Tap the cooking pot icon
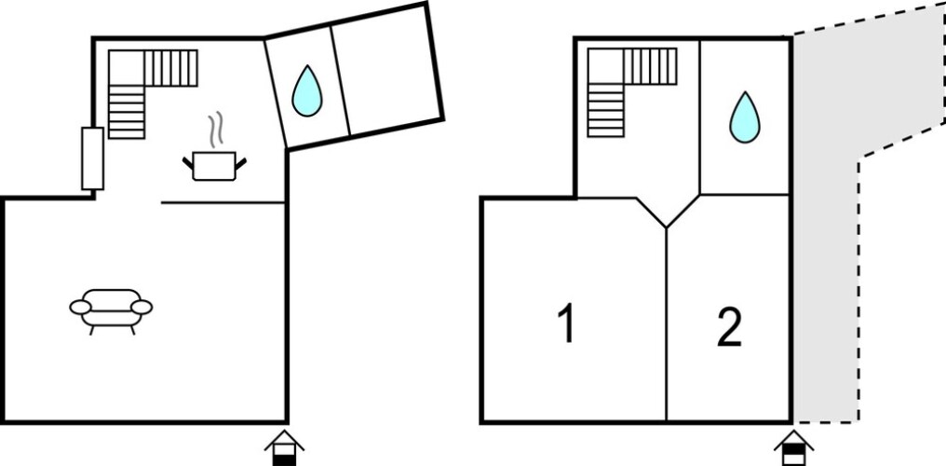pos(214,166)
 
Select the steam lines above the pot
pos(216,130)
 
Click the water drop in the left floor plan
pos(307,90)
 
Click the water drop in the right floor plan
pos(745,117)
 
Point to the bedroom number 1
pos(566,323)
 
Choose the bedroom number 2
pos(729,328)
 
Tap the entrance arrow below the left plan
pos(284,448)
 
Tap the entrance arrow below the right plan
pos(794,448)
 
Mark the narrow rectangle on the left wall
pos(93,158)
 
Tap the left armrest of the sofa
pos(80,308)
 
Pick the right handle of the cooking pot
pos(241,163)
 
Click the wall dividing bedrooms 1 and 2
pos(667,324)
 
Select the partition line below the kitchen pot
pos(223,203)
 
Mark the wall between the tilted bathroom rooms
pos(341,81)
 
